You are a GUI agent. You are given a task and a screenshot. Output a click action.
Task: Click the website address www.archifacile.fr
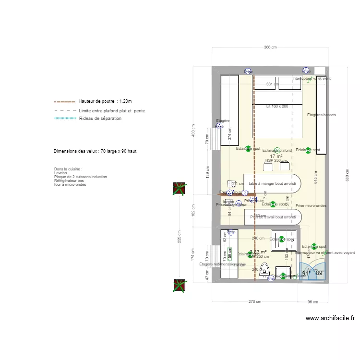point(330,318)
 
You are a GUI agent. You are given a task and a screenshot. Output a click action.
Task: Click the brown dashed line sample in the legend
point(65,102)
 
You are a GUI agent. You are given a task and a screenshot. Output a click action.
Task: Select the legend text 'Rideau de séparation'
point(100,118)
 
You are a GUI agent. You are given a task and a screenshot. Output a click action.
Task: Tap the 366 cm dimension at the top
point(271,48)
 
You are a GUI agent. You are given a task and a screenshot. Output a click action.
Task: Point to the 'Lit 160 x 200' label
point(277,106)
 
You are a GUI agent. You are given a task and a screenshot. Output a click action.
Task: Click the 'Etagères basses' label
point(321,115)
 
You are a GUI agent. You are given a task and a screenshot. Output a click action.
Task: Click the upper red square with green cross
point(180,189)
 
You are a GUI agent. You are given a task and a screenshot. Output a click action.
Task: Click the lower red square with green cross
point(180,286)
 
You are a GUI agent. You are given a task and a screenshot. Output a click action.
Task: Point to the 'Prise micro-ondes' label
point(311,205)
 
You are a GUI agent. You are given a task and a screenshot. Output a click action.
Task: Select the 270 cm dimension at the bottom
point(255,302)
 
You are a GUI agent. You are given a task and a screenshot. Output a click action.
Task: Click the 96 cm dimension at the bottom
point(312,302)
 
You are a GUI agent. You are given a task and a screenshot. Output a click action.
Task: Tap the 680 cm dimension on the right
point(347,172)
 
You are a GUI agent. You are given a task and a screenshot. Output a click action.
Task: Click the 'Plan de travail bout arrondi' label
point(273,217)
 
